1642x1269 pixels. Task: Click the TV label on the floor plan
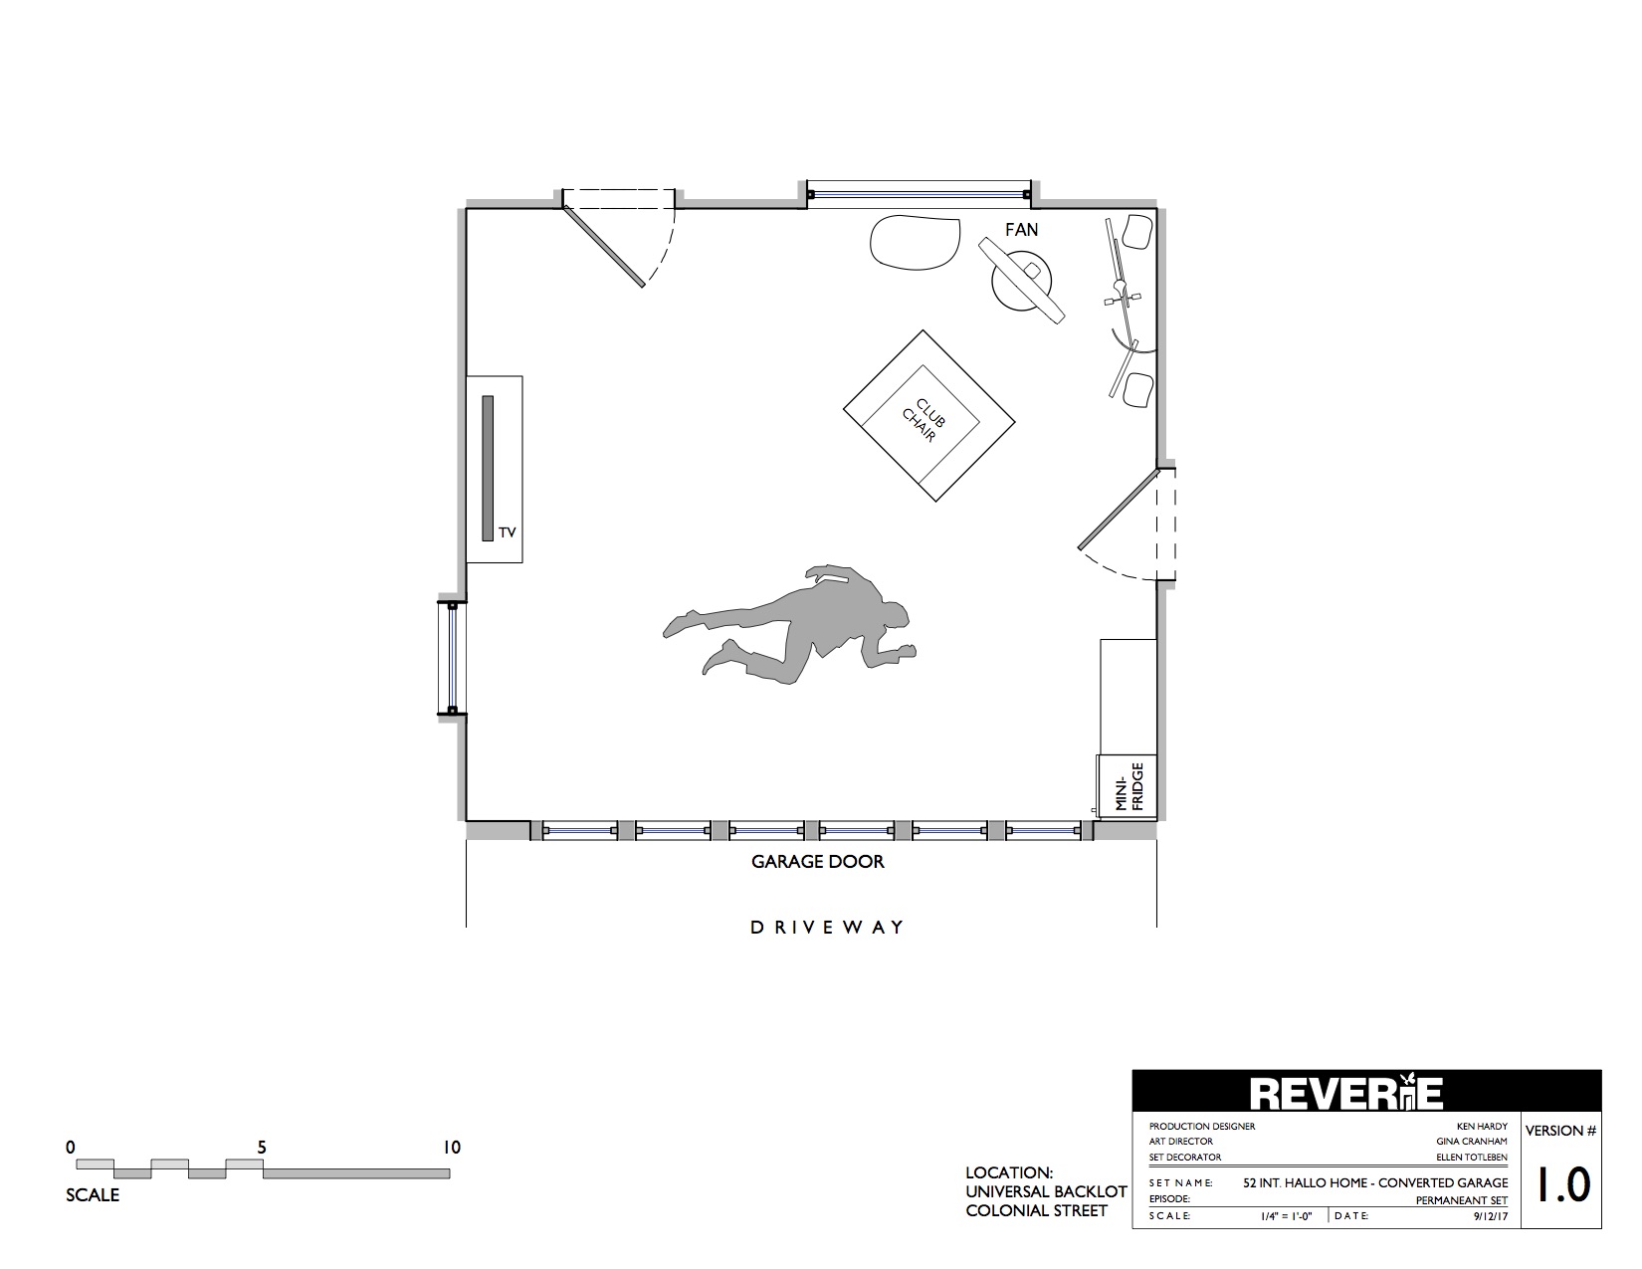(x=508, y=532)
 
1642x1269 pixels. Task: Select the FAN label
(x=1021, y=229)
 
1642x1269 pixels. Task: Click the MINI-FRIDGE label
(x=1129, y=786)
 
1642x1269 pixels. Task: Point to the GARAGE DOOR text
(x=817, y=862)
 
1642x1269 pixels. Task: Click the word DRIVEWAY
(x=827, y=928)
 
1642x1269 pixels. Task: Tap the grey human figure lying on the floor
(x=789, y=624)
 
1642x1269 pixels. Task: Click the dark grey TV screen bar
(x=488, y=468)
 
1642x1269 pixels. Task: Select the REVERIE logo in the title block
(x=1345, y=1093)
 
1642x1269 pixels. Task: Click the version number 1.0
(x=1562, y=1184)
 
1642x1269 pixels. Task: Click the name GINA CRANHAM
(x=1472, y=1142)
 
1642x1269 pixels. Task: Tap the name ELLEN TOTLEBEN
(x=1472, y=1158)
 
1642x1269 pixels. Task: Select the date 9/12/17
(x=1490, y=1217)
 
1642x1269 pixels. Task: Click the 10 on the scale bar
(x=452, y=1148)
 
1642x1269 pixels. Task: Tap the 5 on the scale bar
(x=262, y=1148)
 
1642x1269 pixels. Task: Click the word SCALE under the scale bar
(x=93, y=1195)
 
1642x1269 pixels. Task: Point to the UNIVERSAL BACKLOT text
(x=1046, y=1192)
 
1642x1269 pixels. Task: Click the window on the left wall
(x=452, y=658)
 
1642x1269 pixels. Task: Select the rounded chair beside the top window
(x=916, y=243)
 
